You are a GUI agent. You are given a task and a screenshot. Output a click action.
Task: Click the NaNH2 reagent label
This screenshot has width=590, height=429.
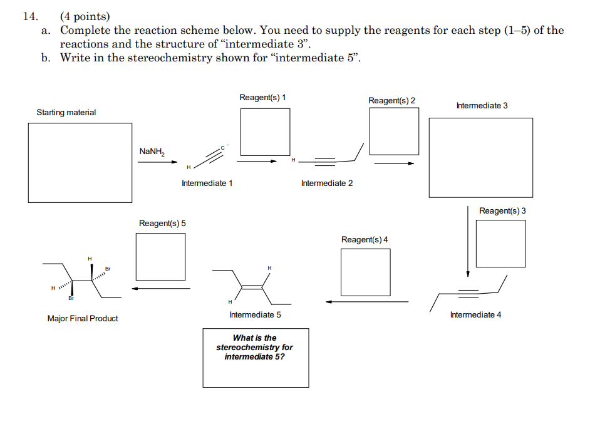click(x=152, y=151)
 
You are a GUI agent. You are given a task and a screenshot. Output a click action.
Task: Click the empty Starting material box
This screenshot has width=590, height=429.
click(x=80, y=162)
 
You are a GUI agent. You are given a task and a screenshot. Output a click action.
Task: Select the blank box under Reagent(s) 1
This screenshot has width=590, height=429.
click(x=265, y=132)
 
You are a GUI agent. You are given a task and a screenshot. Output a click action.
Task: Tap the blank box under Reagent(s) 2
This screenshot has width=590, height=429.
click(x=394, y=132)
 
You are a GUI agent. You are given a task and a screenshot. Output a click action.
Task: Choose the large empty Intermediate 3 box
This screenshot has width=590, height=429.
click(x=480, y=157)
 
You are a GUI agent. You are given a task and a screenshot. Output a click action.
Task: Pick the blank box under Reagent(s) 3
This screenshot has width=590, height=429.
click(x=500, y=244)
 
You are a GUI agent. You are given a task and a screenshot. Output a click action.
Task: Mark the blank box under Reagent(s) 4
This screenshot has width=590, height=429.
click(x=365, y=272)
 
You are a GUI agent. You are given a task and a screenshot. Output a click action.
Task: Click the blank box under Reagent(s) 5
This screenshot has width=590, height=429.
click(x=160, y=257)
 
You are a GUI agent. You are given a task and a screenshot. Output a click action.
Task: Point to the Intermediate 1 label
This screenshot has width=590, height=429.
click(x=207, y=183)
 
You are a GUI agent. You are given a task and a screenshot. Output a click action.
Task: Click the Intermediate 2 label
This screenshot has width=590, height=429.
click(x=327, y=183)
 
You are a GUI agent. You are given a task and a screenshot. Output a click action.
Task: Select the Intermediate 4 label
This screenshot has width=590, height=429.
click(x=475, y=315)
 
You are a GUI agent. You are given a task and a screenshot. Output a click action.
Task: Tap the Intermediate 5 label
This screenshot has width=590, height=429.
click(x=256, y=315)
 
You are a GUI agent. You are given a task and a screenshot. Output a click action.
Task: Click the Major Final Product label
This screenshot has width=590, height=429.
click(x=83, y=319)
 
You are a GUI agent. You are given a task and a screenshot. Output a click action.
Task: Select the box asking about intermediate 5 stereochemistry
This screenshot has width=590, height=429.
click(x=256, y=358)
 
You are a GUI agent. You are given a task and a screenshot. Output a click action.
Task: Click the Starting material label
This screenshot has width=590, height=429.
click(x=66, y=113)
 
